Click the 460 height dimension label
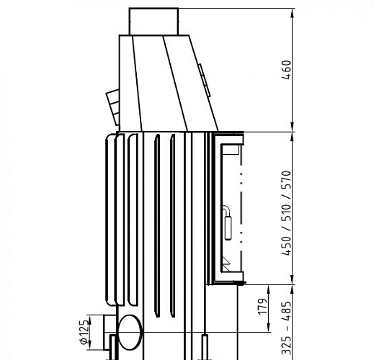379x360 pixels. point(286,70)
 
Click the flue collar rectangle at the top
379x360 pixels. point(153,21)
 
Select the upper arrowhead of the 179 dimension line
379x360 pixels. point(267,288)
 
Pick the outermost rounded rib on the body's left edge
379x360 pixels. point(107,223)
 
